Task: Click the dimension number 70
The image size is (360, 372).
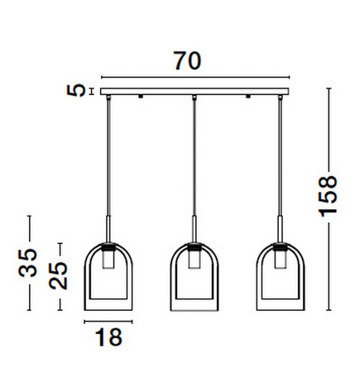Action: [x=188, y=61]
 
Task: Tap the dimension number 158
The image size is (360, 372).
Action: [x=328, y=196]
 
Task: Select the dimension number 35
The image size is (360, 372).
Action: [x=27, y=263]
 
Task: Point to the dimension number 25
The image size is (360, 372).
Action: [x=58, y=275]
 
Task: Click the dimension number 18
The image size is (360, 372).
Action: [x=108, y=337]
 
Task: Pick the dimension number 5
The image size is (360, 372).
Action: [x=76, y=90]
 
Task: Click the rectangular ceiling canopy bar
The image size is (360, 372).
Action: [x=194, y=92]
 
